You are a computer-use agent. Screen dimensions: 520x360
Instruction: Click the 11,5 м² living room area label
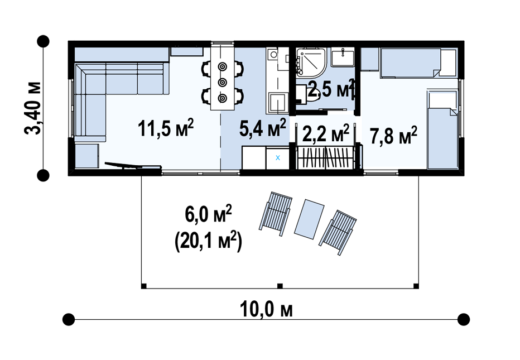pyautogui.click(x=166, y=128)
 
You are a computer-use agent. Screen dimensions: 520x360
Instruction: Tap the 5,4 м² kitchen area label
pyautogui.click(x=263, y=128)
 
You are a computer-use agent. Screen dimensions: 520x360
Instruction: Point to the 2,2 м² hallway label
pyautogui.click(x=326, y=133)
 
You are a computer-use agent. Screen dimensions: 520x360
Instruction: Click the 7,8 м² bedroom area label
pyautogui.click(x=394, y=136)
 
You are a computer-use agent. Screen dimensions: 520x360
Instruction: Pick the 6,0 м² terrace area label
pyautogui.click(x=208, y=214)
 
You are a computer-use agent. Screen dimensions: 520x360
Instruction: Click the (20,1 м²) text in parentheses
pyautogui.click(x=208, y=241)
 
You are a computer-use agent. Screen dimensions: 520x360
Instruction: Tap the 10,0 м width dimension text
pyautogui.click(x=266, y=310)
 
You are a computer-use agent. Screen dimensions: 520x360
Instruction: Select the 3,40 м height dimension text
pyautogui.click(x=32, y=108)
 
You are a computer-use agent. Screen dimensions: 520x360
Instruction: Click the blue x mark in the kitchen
pyautogui.click(x=278, y=158)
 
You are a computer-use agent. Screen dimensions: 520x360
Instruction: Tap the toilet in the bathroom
pyautogui.click(x=308, y=93)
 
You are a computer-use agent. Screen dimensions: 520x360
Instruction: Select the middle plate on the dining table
pyautogui.click(x=222, y=82)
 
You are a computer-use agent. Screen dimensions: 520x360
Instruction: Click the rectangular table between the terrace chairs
pyautogui.click(x=310, y=219)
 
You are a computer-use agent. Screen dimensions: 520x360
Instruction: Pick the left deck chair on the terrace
pyautogui.click(x=276, y=213)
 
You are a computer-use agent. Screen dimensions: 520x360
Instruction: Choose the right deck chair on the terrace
pyautogui.click(x=338, y=232)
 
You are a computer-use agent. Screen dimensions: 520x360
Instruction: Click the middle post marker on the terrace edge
pyautogui.click(x=280, y=286)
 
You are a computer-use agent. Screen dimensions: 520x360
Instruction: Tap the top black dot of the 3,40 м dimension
pyautogui.click(x=43, y=41)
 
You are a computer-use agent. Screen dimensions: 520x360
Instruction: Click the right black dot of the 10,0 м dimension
pyautogui.click(x=464, y=319)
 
